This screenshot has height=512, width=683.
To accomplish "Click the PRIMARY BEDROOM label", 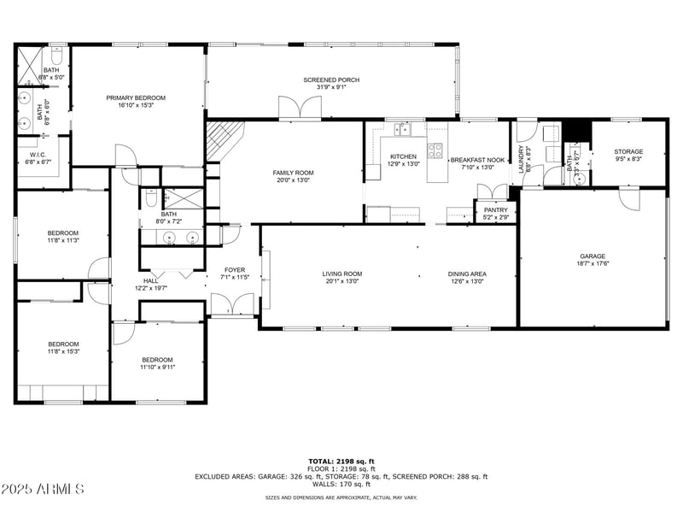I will pyautogui.click(x=136, y=98).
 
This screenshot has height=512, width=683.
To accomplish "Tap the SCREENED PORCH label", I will pyautogui.click(x=331, y=79).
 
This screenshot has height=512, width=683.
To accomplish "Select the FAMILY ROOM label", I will pyautogui.click(x=293, y=173).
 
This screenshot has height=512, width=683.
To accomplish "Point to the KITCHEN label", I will pyautogui.click(x=403, y=156).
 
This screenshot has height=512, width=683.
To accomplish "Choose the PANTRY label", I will pyautogui.click(x=495, y=209).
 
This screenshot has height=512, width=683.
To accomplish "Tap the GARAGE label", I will pyautogui.click(x=593, y=256).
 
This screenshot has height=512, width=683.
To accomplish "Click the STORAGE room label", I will pyautogui.click(x=628, y=152).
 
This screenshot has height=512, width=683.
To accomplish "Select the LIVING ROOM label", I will pyautogui.click(x=341, y=274).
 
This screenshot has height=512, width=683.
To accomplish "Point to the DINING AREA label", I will pyautogui.click(x=467, y=274).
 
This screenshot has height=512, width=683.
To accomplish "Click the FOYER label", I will pyautogui.click(x=235, y=270).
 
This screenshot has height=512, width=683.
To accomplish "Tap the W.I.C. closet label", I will pyautogui.click(x=35, y=155).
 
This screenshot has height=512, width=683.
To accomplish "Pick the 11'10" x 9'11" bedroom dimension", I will pyautogui.click(x=157, y=368).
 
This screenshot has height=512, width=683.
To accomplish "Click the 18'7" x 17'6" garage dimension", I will pyautogui.click(x=593, y=264).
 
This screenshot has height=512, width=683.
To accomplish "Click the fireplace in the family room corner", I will pyautogui.click(x=224, y=140).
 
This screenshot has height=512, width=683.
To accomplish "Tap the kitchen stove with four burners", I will pyautogui.click(x=435, y=150).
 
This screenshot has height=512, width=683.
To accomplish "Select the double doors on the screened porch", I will pyautogui.click(x=300, y=109).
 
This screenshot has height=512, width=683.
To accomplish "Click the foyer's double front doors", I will pyautogui.click(x=232, y=305).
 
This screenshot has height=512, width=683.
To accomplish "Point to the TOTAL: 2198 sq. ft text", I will pyautogui.click(x=341, y=462).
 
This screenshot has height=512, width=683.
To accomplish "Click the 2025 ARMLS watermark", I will pyautogui.click(x=43, y=490).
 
